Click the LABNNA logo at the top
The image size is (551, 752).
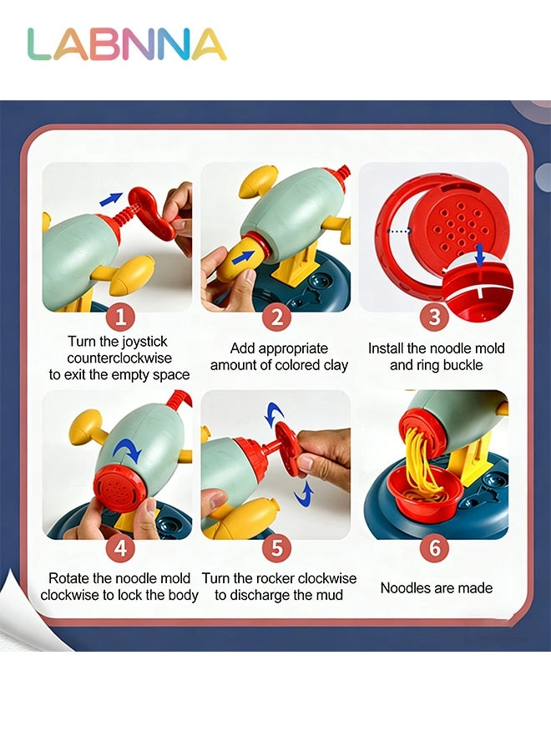tap(127, 45)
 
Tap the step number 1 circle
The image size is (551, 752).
tap(120, 317)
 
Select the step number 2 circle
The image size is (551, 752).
tap(277, 317)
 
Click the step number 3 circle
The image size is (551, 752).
tap(434, 317)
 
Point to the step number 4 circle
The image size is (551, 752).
tap(120, 548)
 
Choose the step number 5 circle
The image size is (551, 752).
tap(277, 548)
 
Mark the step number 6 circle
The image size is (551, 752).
tap(434, 548)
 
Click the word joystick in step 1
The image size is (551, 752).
tap(141, 341)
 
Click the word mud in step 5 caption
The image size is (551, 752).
tap(330, 595)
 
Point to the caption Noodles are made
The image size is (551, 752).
tap(436, 588)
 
